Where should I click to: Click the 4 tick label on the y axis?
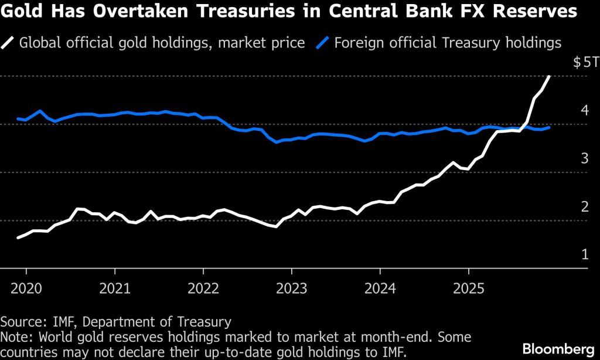[x=584, y=110]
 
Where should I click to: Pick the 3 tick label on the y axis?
[x=584, y=158]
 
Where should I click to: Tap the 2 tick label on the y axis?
[x=584, y=206]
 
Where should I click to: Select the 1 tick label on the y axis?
[x=584, y=254]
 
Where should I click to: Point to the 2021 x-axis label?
[x=115, y=288]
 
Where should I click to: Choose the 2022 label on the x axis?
[x=203, y=288]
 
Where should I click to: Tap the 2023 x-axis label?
[x=292, y=288]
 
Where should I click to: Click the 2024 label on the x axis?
[x=380, y=288]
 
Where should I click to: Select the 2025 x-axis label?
[x=469, y=288]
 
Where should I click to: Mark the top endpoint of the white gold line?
[x=549, y=77]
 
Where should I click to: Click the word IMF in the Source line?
[x=52, y=321]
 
